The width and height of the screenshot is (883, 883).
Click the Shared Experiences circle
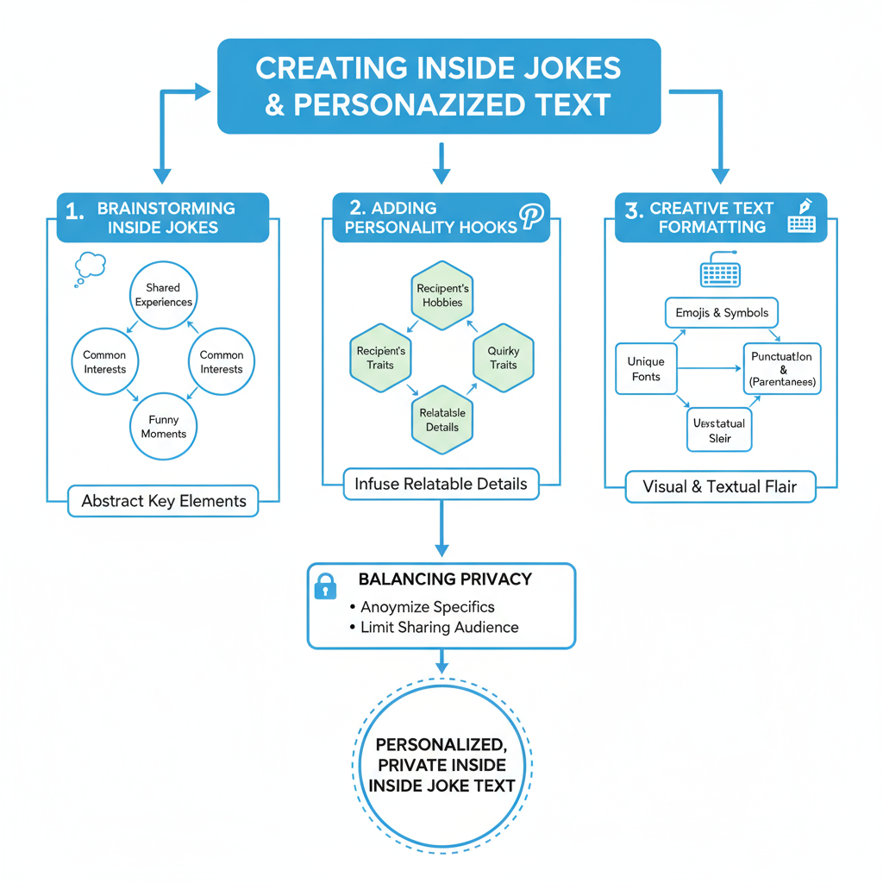pos(163,295)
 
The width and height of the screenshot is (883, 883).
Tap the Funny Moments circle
pos(163,427)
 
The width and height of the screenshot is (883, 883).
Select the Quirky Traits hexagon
pos(503,358)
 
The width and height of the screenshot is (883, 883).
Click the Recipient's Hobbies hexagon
pos(441,295)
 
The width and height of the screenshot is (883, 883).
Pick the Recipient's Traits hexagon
pos(380,358)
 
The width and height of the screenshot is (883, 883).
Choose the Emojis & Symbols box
pos(722,312)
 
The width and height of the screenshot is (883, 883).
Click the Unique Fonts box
pos(646,369)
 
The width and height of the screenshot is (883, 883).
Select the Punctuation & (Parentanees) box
pos(781,368)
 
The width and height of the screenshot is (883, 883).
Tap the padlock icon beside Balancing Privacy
pos(325,587)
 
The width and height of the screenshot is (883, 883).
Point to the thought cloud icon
pos(89,266)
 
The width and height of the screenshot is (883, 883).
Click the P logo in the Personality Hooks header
pos(532,216)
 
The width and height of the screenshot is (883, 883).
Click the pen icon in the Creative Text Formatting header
pos(805,206)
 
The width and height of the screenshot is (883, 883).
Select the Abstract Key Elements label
pos(163,501)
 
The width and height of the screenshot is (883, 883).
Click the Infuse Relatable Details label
pos(441,484)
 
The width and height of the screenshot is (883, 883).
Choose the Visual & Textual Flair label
pos(719,486)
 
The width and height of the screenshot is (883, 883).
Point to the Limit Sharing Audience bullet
pos(439,627)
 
